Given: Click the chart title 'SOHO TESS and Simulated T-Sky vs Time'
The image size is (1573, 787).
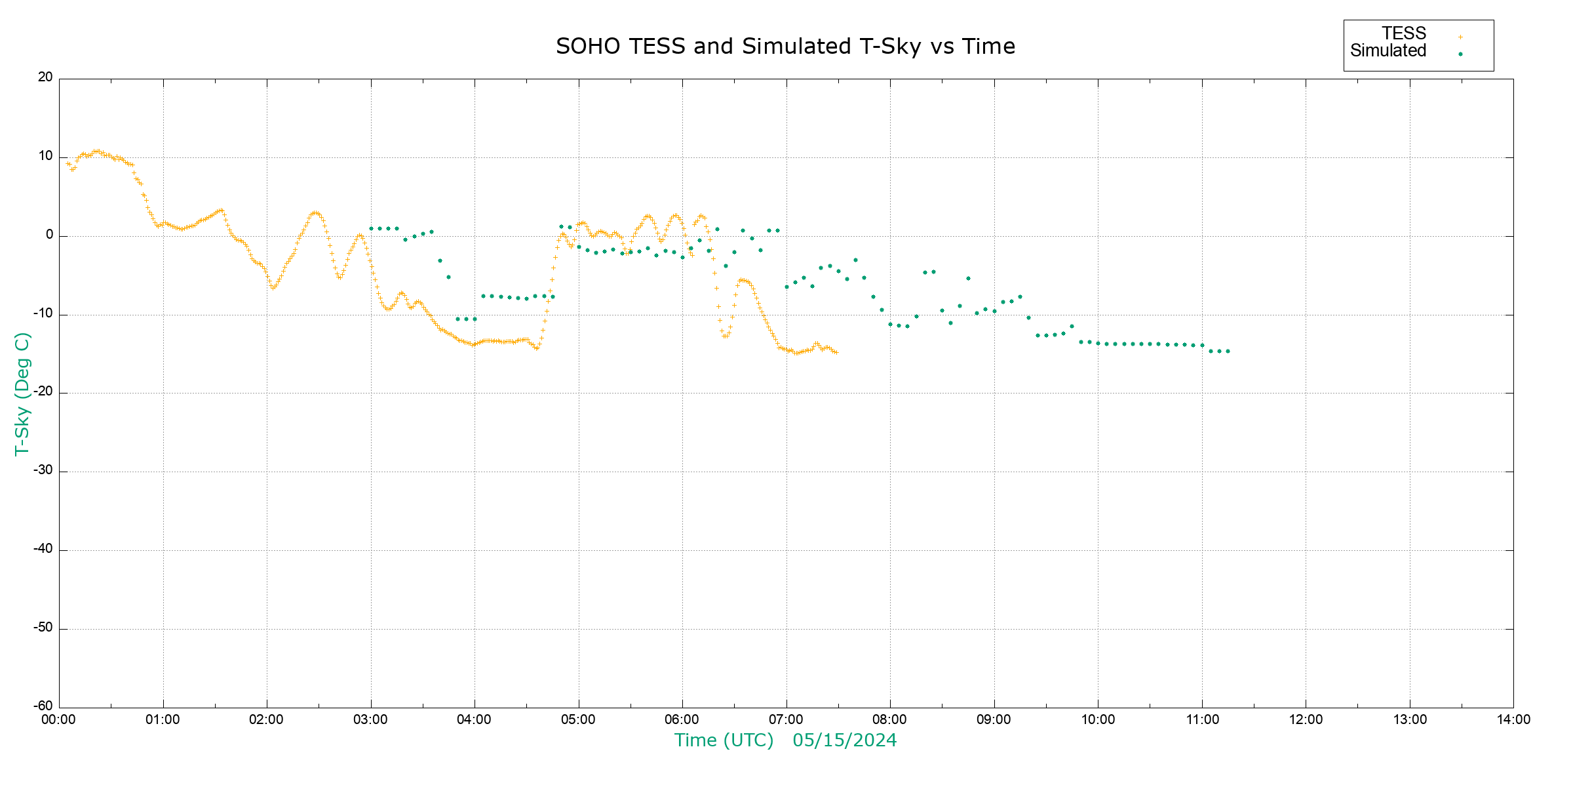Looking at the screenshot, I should (785, 47).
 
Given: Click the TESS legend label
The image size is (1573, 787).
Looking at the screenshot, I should (1404, 33).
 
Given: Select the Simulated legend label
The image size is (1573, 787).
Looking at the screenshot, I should (1388, 51).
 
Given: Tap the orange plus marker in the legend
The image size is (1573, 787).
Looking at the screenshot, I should (1460, 37).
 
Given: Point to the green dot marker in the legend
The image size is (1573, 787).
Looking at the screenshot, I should (1460, 54).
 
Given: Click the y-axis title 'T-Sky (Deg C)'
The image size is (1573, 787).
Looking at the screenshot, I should (22, 393).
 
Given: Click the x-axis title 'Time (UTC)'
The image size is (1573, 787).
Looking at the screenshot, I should (724, 740).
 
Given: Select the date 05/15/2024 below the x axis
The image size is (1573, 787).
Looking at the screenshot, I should (844, 740).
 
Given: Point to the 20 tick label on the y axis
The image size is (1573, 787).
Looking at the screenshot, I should (45, 77).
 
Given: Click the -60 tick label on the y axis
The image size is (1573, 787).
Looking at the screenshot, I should (43, 706).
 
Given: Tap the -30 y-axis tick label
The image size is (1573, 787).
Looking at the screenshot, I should (43, 470).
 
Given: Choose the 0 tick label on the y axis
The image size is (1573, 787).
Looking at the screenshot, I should (49, 235).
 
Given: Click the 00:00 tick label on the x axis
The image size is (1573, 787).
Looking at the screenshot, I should (59, 719).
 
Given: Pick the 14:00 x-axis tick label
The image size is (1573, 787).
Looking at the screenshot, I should (1513, 719).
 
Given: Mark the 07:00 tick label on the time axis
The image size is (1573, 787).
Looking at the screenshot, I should (786, 719).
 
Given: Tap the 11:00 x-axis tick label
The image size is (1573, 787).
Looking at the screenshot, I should (1202, 719).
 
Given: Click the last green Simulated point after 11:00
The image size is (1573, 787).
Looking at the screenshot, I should (1228, 352).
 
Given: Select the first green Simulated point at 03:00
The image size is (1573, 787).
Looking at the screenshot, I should (371, 229).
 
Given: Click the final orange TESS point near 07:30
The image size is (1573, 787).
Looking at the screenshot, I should (836, 353).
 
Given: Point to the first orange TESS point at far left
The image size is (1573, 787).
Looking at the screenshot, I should (68, 164).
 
